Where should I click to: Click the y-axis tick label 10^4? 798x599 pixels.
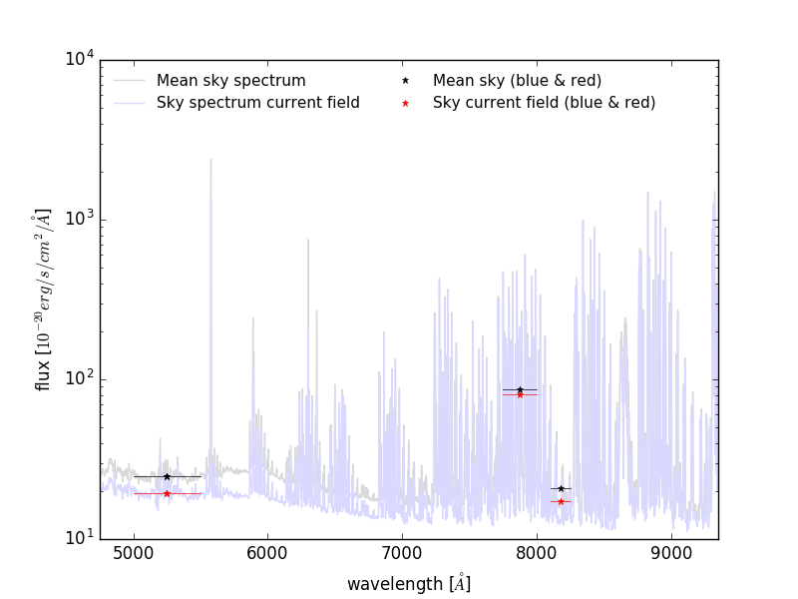(x=80, y=60)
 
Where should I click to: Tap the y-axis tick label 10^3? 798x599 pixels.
(x=80, y=220)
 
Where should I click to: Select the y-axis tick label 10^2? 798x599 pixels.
(x=80, y=379)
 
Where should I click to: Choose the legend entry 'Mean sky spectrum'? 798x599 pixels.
(x=230, y=80)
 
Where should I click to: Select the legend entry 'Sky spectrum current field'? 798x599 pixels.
(x=257, y=103)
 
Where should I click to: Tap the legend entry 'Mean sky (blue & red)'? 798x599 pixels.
(x=517, y=80)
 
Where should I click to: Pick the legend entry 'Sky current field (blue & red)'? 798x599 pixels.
(x=544, y=103)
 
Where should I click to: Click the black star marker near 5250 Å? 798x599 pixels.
(x=167, y=476)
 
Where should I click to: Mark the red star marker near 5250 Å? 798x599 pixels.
(x=167, y=493)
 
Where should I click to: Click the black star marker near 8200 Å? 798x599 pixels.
(x=561, y=488)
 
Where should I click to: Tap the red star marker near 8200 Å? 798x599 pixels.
(x=561, y=501)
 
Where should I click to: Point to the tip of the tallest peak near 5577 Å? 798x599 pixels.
(x=210, y=159)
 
